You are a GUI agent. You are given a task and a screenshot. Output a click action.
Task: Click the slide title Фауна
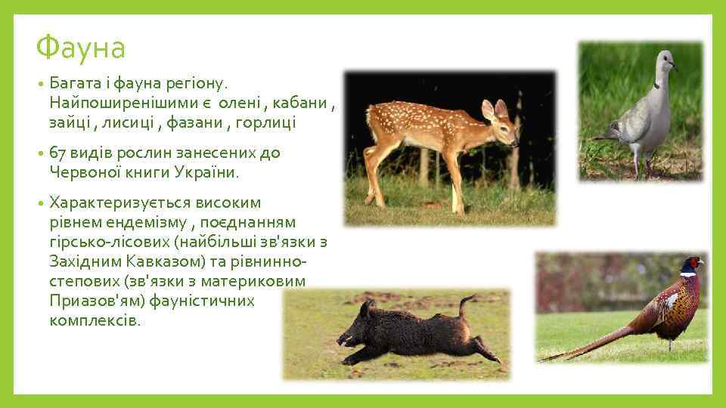pos(80,48)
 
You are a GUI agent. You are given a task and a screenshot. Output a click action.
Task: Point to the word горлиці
pos(269,122)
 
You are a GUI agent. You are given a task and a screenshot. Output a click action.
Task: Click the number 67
pos(58,153)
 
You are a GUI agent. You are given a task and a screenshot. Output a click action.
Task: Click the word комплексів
pos(95,320)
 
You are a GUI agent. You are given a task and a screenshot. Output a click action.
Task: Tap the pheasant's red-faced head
pos(691,265)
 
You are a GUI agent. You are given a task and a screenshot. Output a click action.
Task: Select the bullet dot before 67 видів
pos(40,153)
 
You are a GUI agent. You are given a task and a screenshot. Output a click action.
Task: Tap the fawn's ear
pos(488,109)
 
